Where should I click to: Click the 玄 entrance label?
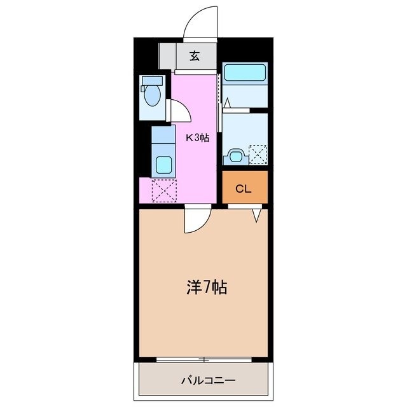pyautogui.click(x=194, y=56)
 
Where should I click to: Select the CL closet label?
pyautogui.click(x=243, y=188)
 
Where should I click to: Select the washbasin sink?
pyautogui.click(x=235, y=155)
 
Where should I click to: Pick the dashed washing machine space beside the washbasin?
pyautogui.click(x=258, y=154)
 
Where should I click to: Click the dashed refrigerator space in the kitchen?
pyautogui.click(x=163, y=190)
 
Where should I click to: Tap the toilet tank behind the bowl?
pyautogui.click(x=151, y=81)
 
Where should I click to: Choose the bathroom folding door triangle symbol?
pyautogui.click(x=226, y=101)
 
